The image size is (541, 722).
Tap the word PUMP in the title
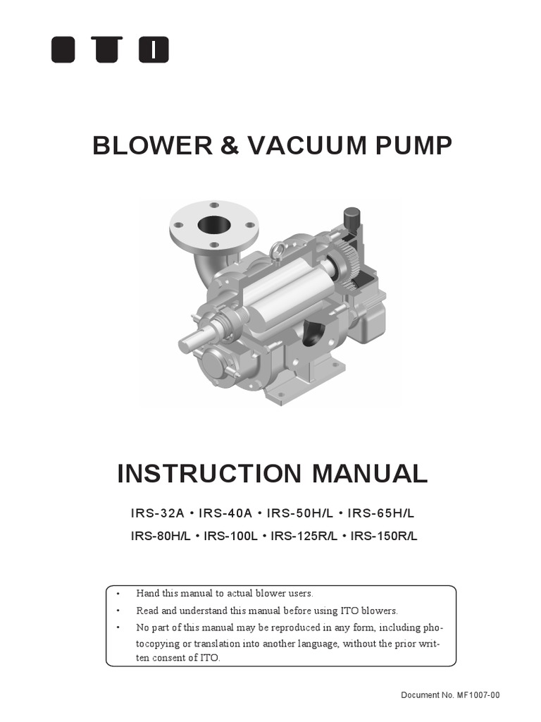pos(415,146)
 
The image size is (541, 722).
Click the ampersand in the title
pos(230,146)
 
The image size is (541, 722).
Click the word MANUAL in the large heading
pos(374,474)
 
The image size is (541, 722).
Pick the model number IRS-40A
pos(224,513)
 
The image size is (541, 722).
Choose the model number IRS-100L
pos(230,536)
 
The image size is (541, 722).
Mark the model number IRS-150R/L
pos(384,536)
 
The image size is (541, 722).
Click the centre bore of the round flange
pos(213,225)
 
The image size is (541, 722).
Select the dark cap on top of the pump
pos(350,216)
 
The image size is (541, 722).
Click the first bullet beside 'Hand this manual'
pos(118,594)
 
